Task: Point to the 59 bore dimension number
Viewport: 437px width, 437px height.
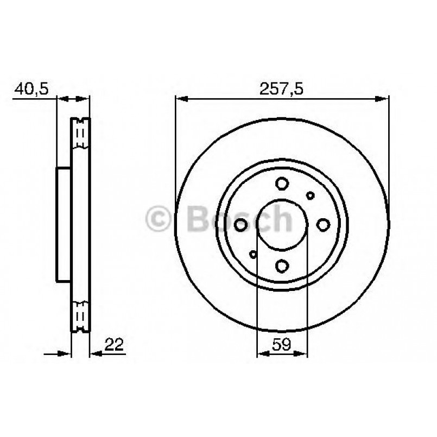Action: click(x=282, y=344)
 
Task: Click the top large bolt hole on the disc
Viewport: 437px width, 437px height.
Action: click(x=282, y=183)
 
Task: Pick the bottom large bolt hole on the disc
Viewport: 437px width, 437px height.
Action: click(x=282, y=265)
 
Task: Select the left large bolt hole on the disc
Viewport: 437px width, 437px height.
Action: click(x=241, y=225)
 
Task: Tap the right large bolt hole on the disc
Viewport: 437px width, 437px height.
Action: click(x=323, y=225)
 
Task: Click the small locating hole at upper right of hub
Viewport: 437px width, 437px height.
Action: click(x=311, y=195)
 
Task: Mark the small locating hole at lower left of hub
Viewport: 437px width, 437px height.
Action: click(x=253, y=254)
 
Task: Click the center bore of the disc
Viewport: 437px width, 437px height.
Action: click(x=282, y=225)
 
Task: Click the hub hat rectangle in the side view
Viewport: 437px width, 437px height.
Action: click(x=64, y=224)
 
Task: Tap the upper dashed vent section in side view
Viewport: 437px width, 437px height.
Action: click(x=80, y=133)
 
